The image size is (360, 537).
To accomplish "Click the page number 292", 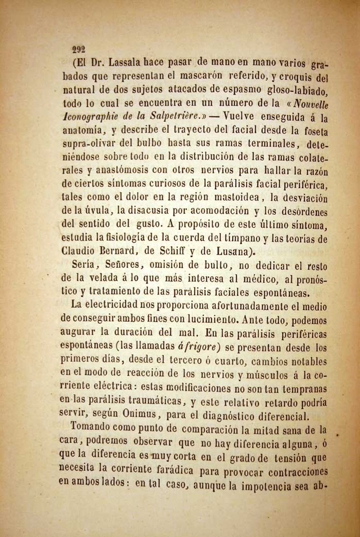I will click(x=78, y=50).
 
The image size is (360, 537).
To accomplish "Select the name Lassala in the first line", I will click(x=114, y=64).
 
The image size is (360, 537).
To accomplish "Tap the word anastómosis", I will click(x=116, y=171).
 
